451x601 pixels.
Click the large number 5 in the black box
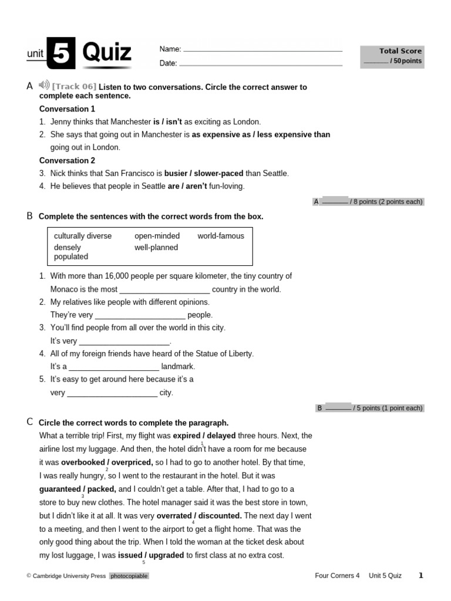[x=61, y=54]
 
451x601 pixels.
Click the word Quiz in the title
[x=107, y=53]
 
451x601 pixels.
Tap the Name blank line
[x=262, y=50]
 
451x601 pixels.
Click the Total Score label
[x=400, y=51]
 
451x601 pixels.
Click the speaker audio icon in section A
[x=45, y=86]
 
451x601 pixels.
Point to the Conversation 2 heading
[x=67, y=160]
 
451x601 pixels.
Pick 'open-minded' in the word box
[x=157, y=236]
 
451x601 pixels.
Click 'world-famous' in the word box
[x=221, y=236]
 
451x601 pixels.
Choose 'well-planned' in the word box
[x=156, y=248]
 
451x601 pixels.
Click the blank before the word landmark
[x=114, y=367]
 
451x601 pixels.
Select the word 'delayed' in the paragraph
[x=220, y=435]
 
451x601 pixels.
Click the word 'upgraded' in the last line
[x=166, y=555]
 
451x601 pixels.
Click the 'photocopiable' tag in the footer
[x=129, y=576]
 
